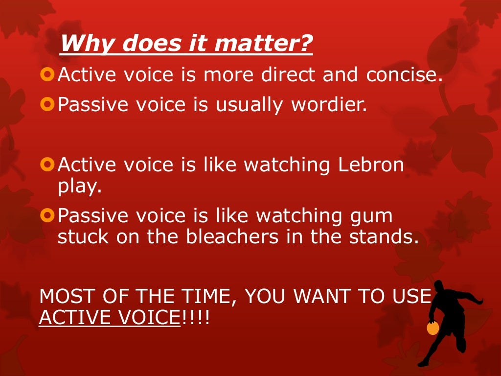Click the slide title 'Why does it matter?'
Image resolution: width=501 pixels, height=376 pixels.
[186, 44]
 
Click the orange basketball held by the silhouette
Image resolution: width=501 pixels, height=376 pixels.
[433, 328]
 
